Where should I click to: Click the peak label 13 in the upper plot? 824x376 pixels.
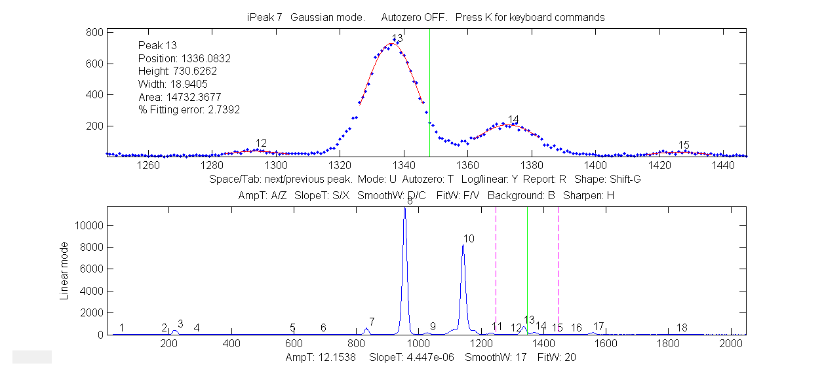(397, 38)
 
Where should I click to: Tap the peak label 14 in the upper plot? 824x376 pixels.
(513, 119)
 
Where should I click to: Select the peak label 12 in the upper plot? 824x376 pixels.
(261, 143)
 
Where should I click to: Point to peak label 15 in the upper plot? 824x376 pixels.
(684, 145)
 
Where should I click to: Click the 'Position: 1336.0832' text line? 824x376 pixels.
(184, 58)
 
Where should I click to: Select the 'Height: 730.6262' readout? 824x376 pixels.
(177, 71)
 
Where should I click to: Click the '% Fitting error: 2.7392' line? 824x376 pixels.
(189, 110)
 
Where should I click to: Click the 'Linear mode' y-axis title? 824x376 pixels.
(64, 271)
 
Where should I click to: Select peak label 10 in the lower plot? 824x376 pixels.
(469, 238)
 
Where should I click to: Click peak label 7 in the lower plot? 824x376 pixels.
(372, 322)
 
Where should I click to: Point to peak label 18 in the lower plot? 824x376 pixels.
(682, 328)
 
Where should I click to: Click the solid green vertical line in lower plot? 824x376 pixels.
(527, 275)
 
